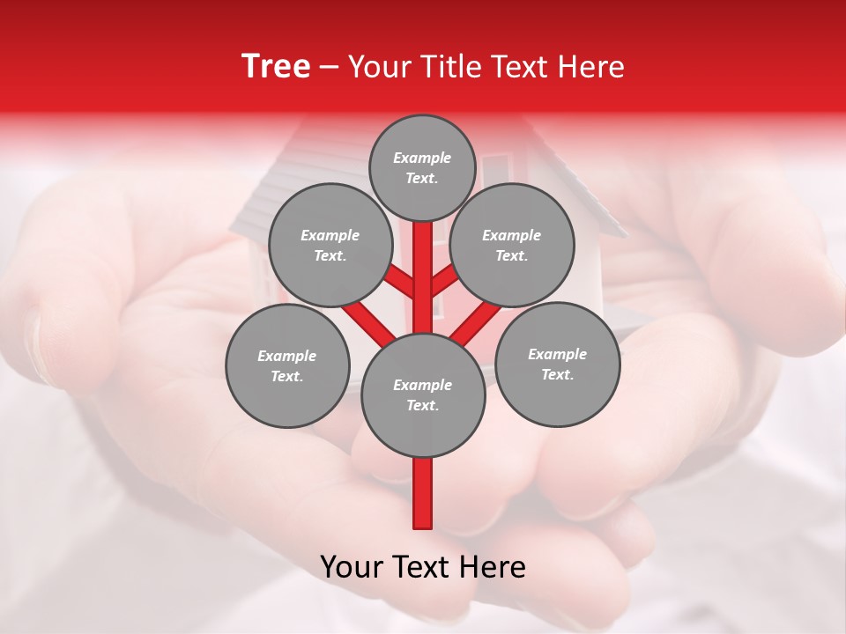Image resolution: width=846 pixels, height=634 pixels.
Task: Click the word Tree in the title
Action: point(276,67)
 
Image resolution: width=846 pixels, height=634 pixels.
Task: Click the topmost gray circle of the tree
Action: point(422,167)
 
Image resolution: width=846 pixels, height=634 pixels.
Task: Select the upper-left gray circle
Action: point(330,245)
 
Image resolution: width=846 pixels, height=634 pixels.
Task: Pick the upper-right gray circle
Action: point(511,245)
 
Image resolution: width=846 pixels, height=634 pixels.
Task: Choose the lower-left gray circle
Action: point(287,365)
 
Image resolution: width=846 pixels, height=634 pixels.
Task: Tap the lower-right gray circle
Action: point(557,364)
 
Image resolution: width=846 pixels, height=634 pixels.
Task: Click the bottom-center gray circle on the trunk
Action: point(423,394)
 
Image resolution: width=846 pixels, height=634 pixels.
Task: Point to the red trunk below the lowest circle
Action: point(423,493)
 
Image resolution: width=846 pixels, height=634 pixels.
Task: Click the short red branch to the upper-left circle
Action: point(400,283)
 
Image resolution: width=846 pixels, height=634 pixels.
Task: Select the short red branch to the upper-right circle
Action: point(445,283)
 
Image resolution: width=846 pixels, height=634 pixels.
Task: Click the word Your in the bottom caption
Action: point(352,567)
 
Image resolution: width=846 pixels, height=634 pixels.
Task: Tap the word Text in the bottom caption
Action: point(420,567)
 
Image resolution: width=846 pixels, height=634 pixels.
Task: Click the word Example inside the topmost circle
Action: point(422,158)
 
